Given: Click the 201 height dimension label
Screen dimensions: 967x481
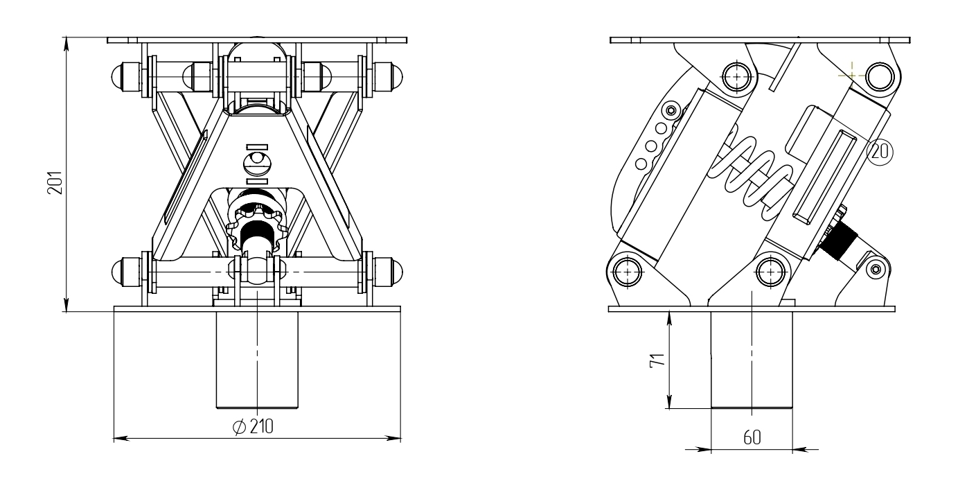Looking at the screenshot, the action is pos(55,183).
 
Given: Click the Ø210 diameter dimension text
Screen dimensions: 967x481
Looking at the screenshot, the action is pos(253,427).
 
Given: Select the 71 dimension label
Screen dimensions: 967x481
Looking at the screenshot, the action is pos(657,360).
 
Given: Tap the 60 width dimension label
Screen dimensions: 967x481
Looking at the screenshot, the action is pos(752,438).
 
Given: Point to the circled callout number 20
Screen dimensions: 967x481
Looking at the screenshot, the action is pos(880,152).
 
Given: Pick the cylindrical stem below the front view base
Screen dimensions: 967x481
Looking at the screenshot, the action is pos(257,359).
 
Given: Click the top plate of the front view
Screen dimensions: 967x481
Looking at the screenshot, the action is pos(257,40).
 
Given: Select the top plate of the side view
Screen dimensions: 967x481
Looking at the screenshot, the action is pos(760,40).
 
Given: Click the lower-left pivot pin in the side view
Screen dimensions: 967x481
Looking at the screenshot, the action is pos(627,272).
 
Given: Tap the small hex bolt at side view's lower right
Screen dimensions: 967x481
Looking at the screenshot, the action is pos(876,270).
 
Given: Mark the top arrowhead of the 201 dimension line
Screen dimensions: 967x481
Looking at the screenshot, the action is pos(66,45).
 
